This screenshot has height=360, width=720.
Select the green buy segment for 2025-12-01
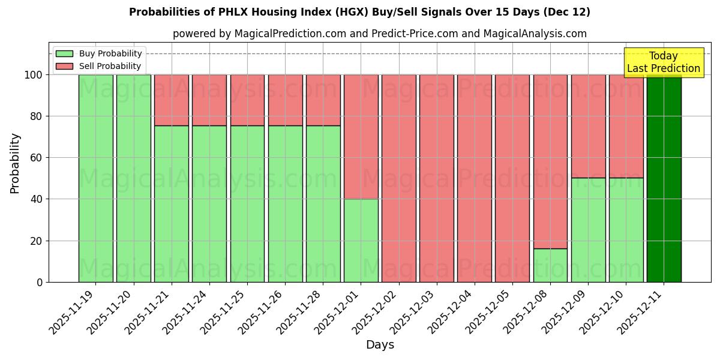coord(361,240)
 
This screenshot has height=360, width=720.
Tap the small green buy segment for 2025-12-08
coord(550,265)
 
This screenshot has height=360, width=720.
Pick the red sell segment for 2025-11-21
coord(172,100)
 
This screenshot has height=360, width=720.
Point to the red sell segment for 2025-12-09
coord(588,126)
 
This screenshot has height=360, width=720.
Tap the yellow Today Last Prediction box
coord(663,62)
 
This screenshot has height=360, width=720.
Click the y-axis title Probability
coord(15,163)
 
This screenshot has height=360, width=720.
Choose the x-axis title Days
coord(380,345)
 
